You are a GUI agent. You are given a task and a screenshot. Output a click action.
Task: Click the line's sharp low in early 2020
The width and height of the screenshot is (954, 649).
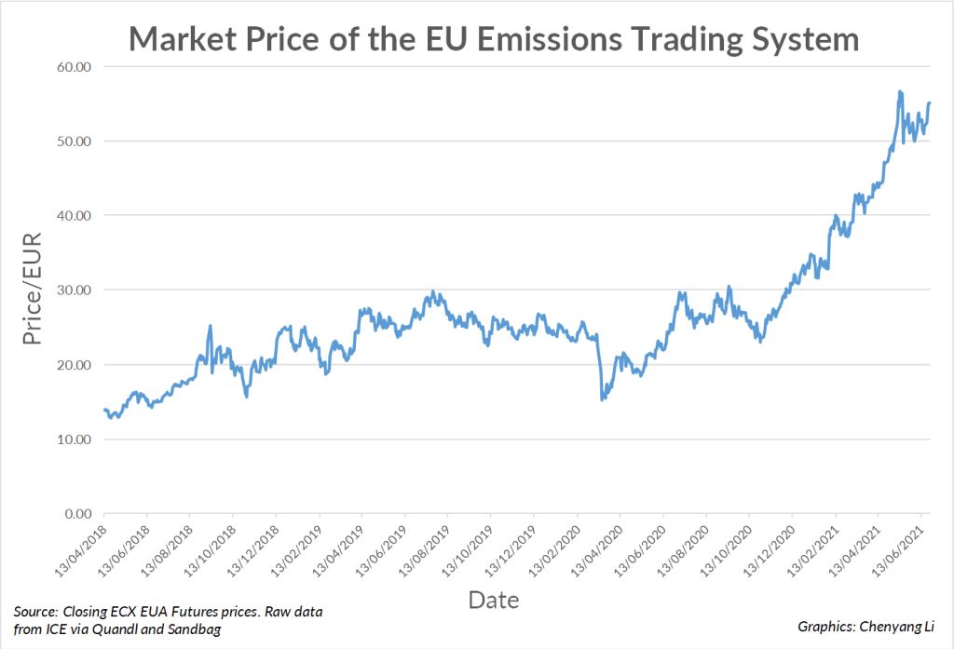pos(603,399)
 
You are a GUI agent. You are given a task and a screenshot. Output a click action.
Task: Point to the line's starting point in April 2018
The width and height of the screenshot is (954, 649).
pos(104,410)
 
